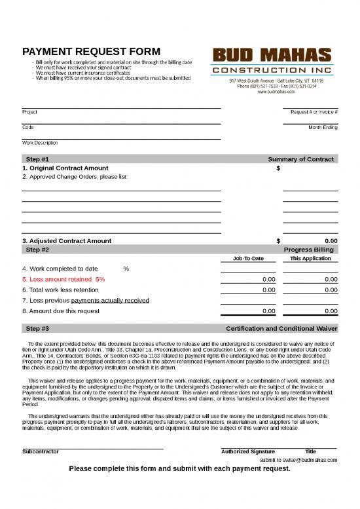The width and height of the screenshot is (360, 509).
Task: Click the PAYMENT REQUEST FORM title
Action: (x=90, y=52)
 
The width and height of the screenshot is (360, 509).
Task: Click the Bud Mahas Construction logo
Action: (x=272, y=60)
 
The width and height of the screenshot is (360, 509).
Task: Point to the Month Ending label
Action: (x=323, y=127)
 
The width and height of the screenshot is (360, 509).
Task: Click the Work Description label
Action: (x=40, y=142)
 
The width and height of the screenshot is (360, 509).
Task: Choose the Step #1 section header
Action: (x=37, y=159)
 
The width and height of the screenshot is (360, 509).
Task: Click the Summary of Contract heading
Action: (x=300, y=159)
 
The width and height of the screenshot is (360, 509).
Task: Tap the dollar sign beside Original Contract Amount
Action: (x=278, y=168)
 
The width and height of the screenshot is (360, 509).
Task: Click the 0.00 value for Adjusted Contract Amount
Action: (x=331, y=240)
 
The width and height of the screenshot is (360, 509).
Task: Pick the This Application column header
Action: (x=310, y=258)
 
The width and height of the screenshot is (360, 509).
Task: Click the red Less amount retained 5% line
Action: (x=63, y=279)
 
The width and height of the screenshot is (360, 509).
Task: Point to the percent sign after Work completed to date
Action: (x=126, y=269)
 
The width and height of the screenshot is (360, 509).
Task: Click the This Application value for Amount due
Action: (x=331, y=311)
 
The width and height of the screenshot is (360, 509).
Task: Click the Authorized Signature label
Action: (x=248, y=451)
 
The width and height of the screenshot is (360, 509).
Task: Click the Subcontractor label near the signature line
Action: (x=41, y=451)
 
